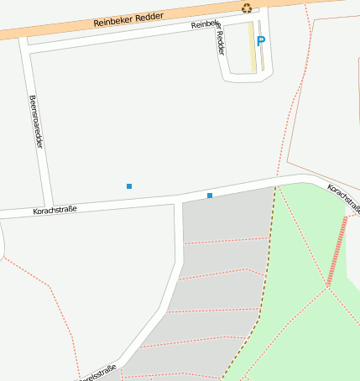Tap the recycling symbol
pos(247,8)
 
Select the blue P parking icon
pos(260,40)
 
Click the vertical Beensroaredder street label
pos(36,123)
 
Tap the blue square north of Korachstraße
pos(129,185)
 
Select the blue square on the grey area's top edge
pos(210,196)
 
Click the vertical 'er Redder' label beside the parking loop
pos(220,41)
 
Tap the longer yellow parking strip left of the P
pos(252,46)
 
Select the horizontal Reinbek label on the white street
pos(204,25)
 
